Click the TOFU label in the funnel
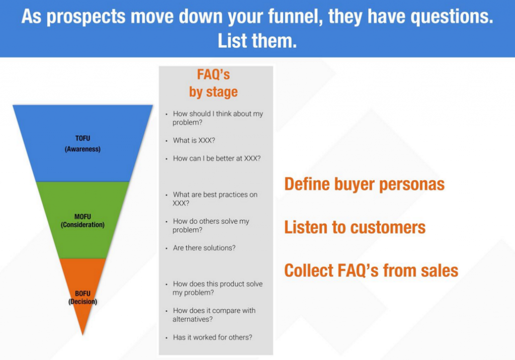82,138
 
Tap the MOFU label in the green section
82,217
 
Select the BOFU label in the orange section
82,293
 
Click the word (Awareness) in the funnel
82,149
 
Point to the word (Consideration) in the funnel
82,225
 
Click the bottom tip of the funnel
82,335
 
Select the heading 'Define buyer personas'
364,184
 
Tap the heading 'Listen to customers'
355,227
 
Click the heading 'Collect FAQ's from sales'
371,271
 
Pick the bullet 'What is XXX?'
194,141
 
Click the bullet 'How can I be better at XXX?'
217,158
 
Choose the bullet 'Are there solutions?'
204,248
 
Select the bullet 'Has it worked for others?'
213,337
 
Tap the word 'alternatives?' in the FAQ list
193,319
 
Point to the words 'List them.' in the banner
257,41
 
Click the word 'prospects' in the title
86,17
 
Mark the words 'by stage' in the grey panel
213,92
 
